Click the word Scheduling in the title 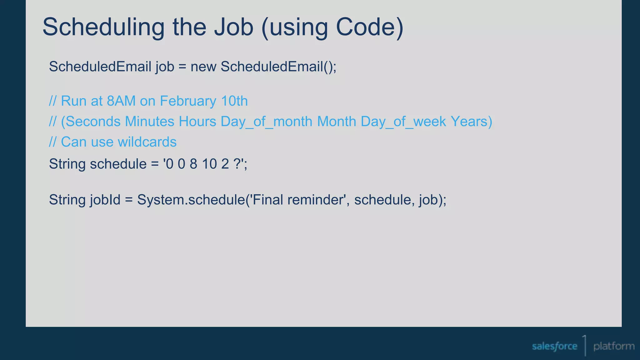(x=103, y=27)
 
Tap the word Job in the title (x=233, y=27)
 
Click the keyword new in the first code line (x=203, y=67)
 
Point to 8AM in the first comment (x=121, y=101)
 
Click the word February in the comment (x=188, y=101)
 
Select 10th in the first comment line (x=234, y=101)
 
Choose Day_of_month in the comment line (x=266, y=122)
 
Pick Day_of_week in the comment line (x=403, y=122)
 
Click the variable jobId (x=105, y=200)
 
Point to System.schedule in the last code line (x=191, y=200)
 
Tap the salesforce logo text (x=554, y=346)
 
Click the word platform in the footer (x=614, y=346)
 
